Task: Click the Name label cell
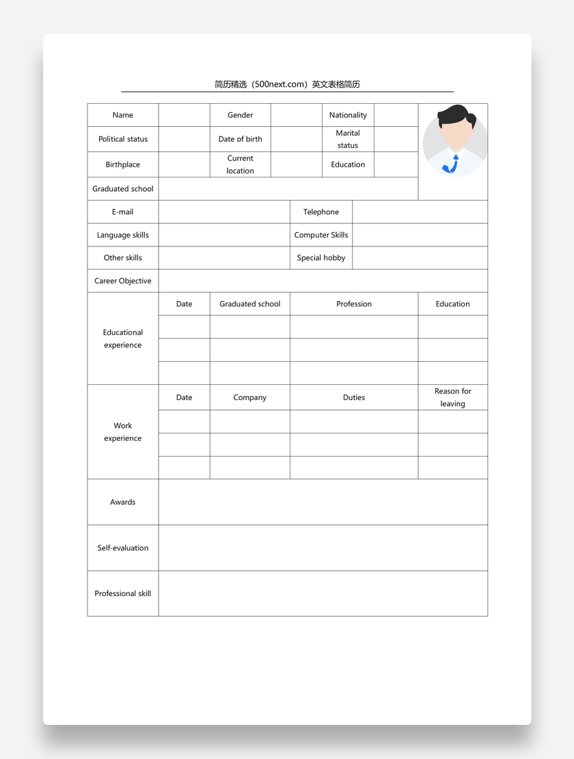[123, 115]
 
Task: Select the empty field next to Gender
[296, 115]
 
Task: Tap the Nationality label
[348, 115]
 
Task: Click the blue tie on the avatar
[452, 164]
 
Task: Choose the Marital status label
[348, 139]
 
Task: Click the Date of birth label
[240, 139]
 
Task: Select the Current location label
[240, 164]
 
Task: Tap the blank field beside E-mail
[224, 212]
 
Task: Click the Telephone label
[321, 212]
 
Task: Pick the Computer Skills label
[321, 235]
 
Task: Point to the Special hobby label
[321, 258]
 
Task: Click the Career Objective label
[123, 281]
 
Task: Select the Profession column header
[354, 304]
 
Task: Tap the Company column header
[249, 397]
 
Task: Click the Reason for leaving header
[452, 397]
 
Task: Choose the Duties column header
[354, 397]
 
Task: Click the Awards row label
[123, 502]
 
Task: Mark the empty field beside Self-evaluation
[323, 548]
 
